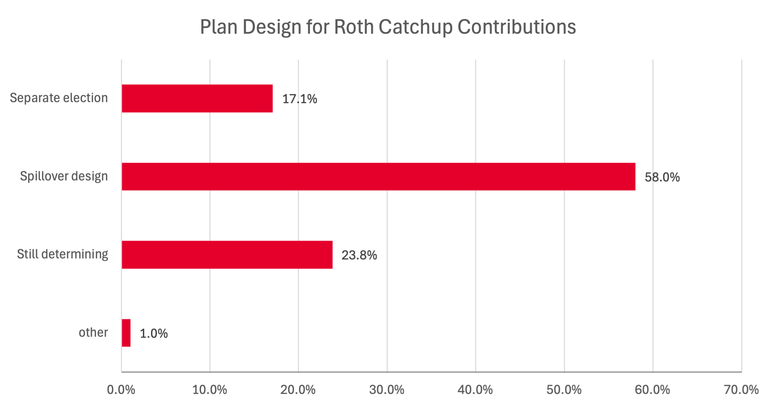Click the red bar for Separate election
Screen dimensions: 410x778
pyautogui.click(x=197, y=98)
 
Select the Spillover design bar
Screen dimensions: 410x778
pyautogui.click(x=378, y=177)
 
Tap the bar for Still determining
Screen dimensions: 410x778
pyautogui.click(x=227, y=255)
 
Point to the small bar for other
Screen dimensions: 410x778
pyautogui.click(x=126, y=333)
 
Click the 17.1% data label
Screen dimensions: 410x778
pyautogui.click(x=300, y=99)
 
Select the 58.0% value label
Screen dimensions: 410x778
pyautogui.click(x=662, y=177)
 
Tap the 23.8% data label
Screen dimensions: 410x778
pyautogui.click(x=359, y=255)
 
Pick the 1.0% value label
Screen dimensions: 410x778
pyautogui.click(x=154, y=333)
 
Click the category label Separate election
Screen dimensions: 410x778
pyautogui.click(x=59, y=98)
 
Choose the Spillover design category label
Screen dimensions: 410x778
pyautogui.click(x=64, y=176)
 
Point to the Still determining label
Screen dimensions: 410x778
pyautogui.click(x=63, y=254)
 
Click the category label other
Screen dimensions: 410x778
pyautogui.click(x=93, y=332)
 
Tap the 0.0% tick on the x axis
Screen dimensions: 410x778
pyautogui.click(x=121, y=390)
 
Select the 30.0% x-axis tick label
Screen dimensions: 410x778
pyautogui.click(x=387, y=390)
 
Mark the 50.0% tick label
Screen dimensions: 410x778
pyautogui.click(x=564, y=390)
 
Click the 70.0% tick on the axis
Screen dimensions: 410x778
pyautogui.click(x=741, y=390)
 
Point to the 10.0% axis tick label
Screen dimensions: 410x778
pyautogui.click(x=210, y=390)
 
